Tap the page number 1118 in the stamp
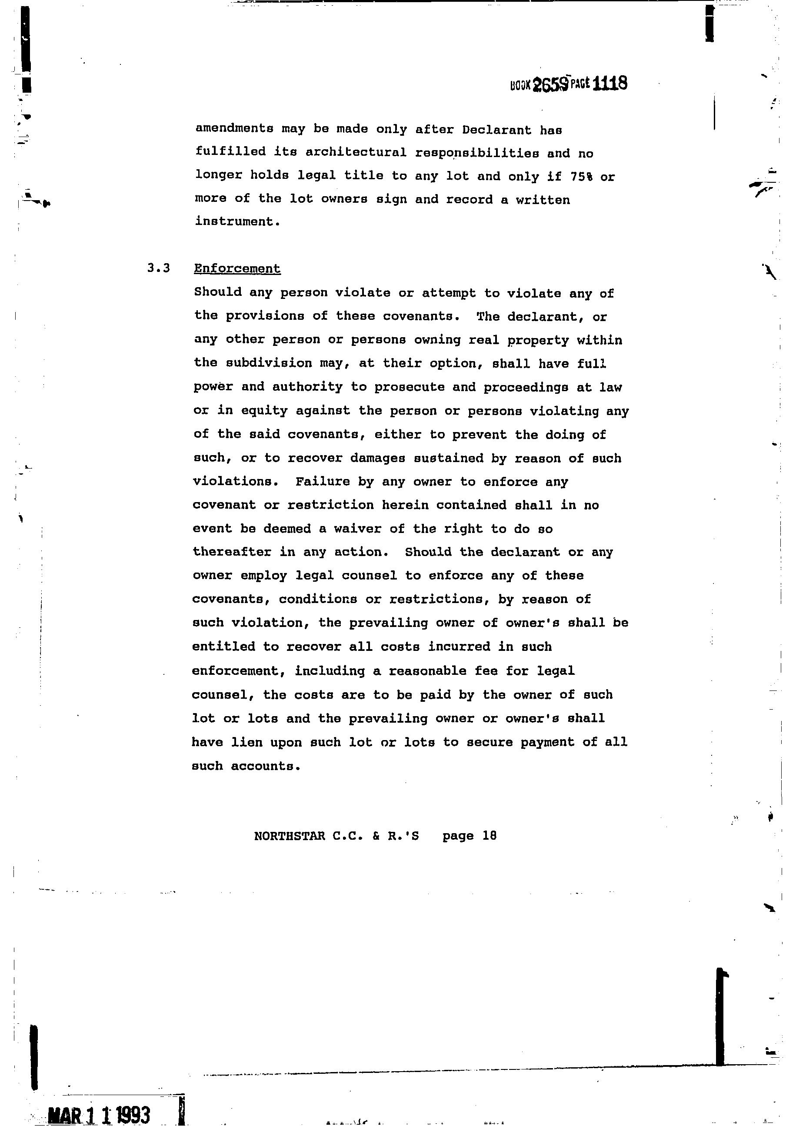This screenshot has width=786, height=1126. coord(609,84)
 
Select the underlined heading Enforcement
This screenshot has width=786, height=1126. coord(237,269)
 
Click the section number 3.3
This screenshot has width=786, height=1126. coord(158,268)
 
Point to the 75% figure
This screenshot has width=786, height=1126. coord(581,177)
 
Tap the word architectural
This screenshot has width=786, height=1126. coord(356,153)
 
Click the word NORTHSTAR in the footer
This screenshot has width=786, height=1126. coord(290,836)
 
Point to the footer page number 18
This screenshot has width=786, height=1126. coord(489,835)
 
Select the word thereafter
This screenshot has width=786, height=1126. coord(232,552)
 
